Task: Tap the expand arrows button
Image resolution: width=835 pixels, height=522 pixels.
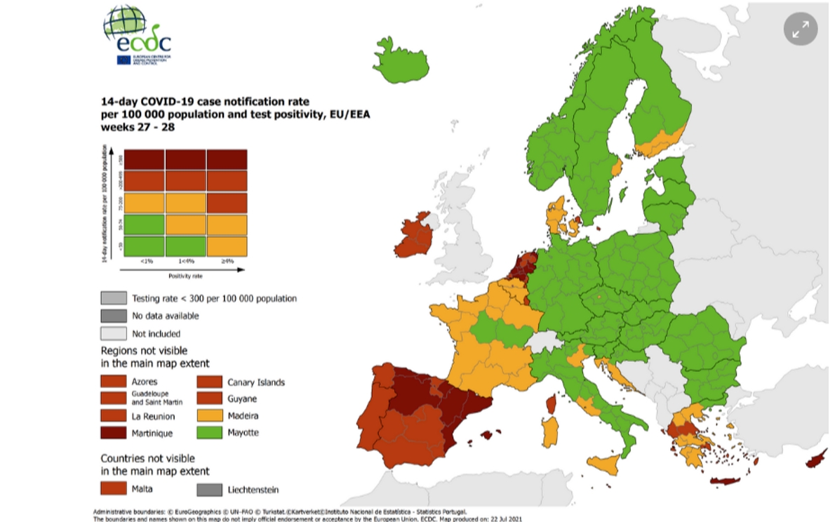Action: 800,29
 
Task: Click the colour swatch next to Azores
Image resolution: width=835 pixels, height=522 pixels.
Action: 113,382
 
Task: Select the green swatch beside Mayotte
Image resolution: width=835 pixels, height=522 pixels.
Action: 208,432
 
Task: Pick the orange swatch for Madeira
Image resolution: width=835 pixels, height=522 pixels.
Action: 208,415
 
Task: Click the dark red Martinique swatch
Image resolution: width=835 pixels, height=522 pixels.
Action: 113,433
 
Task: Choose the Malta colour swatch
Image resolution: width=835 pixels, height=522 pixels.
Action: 113,488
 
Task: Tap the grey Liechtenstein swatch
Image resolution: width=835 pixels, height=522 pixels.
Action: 208,489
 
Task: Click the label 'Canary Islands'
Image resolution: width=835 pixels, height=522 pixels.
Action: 256,382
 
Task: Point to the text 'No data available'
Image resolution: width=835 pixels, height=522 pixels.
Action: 165,316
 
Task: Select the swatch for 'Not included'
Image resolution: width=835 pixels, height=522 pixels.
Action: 113,333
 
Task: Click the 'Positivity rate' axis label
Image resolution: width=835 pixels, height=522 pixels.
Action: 185,276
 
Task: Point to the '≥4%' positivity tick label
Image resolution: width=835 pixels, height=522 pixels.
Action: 227,262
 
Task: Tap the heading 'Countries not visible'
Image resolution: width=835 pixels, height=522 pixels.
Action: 155,458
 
